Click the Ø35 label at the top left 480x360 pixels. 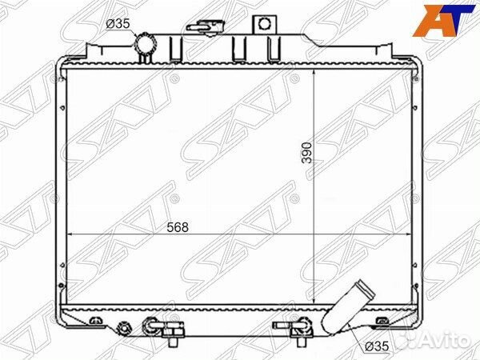point(118,23)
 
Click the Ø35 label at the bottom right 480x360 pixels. point(377,346)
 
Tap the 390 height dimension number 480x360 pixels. point(306,153)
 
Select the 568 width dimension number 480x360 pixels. point(178,227)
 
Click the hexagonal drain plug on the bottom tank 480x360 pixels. point(124,328)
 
